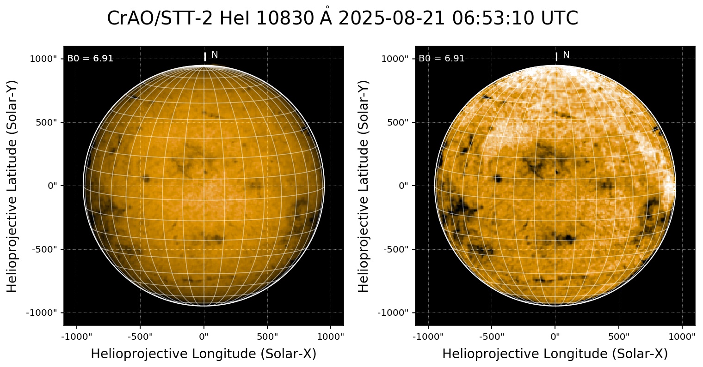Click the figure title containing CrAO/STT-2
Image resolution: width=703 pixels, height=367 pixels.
pyautogui.click(x=342, y=18)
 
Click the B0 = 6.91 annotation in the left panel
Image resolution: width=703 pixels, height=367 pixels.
pyautogui.click(x=90, y=59)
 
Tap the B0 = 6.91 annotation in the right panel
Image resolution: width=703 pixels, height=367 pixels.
pyautogui.click(x=442, y=59)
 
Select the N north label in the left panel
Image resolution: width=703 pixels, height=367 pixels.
pyautogui.click(x=215, y=55)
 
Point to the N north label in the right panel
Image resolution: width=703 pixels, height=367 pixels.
pyautogui.click(x=566, y=55)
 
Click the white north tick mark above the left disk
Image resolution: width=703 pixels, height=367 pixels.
pyautogui.click(x=205, y=57)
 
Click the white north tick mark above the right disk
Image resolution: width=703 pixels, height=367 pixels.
pyautogui.click(x=556, y=57)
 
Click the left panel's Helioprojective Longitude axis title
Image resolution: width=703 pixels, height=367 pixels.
pyautogui.click(x=203, y=354)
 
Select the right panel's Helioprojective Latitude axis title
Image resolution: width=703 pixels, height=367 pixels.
pyautogui.click(x=364, y=186)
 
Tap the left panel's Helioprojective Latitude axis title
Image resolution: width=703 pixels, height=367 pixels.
pyautogui.click(x=13, y=186)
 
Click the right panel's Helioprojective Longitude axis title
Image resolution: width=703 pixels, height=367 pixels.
pyautogui.click(x=555, y=354)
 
